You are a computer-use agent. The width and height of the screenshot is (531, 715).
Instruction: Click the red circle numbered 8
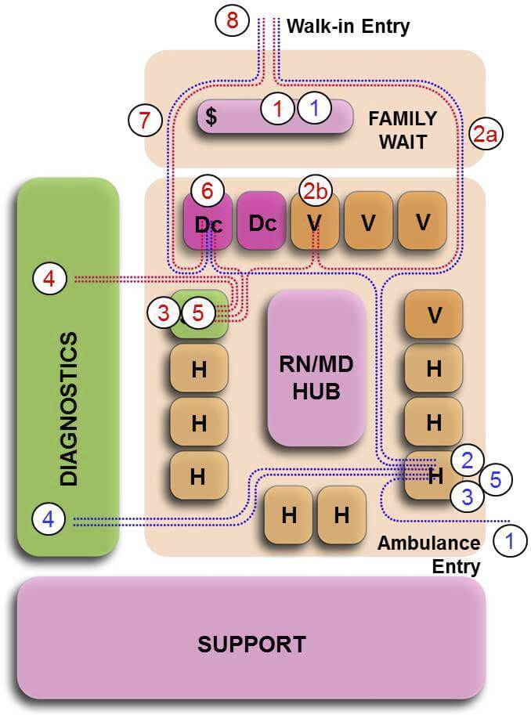click(x=232, y=21)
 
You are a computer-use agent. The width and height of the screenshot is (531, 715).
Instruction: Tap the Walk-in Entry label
click(x=348, y=26)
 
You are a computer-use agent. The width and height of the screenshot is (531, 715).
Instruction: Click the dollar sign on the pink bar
click(x=211, y=117)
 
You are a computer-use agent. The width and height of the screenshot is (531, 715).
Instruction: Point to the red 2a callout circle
click(x=486, y=134)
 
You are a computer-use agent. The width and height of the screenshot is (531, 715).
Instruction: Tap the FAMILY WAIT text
click(x=403, y=130)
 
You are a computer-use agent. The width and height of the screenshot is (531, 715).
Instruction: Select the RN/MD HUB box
click(x=316, y=367)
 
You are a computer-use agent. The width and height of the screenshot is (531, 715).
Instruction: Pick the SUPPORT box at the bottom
click(x=251, y=644)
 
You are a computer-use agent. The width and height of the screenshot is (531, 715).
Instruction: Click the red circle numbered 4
click(x=49, y=279)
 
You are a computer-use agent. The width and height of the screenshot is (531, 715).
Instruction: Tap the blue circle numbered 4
click(x=49, y=518)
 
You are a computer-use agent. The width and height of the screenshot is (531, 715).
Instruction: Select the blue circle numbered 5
click(x=495, y=478)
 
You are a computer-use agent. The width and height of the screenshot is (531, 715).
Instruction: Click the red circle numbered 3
click(x=163, y=312)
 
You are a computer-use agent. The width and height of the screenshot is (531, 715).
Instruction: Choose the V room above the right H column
click(x=433, y=315)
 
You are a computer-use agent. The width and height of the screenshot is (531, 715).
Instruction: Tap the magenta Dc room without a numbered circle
click(x=262, y=222)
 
